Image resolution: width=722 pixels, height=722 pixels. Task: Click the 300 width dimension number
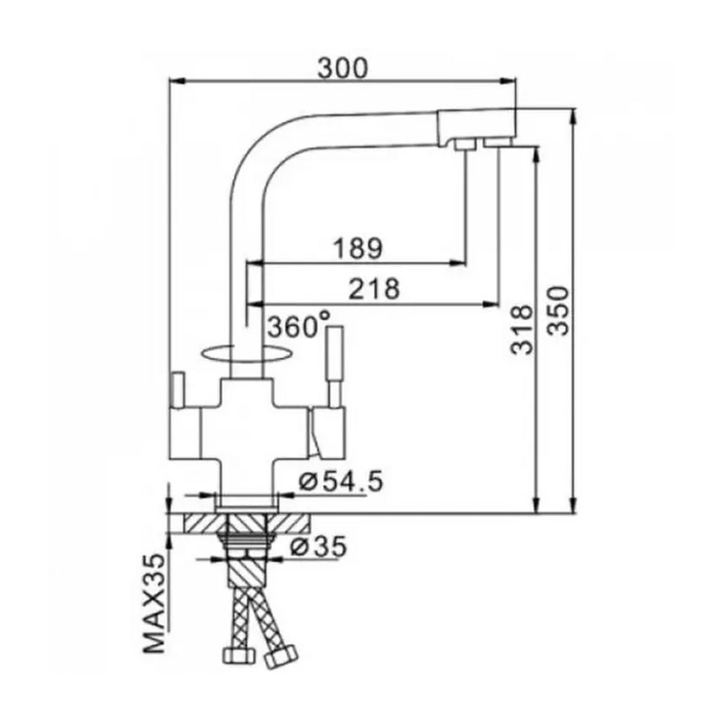click(343, 68)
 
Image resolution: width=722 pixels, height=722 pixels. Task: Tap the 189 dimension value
click(358, 248)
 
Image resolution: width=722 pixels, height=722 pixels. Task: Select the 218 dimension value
click(374, 290)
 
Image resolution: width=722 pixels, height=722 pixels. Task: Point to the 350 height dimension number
click(559, 310)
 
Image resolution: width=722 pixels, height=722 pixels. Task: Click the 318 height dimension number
click(522, 329)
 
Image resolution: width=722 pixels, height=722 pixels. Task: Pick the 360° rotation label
click(299, 326)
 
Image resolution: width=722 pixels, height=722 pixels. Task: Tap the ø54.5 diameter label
click(341, 482)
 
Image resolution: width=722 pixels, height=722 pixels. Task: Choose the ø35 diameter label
click(318, 547)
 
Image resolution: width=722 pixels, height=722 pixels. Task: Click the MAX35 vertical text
click(154, 604)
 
